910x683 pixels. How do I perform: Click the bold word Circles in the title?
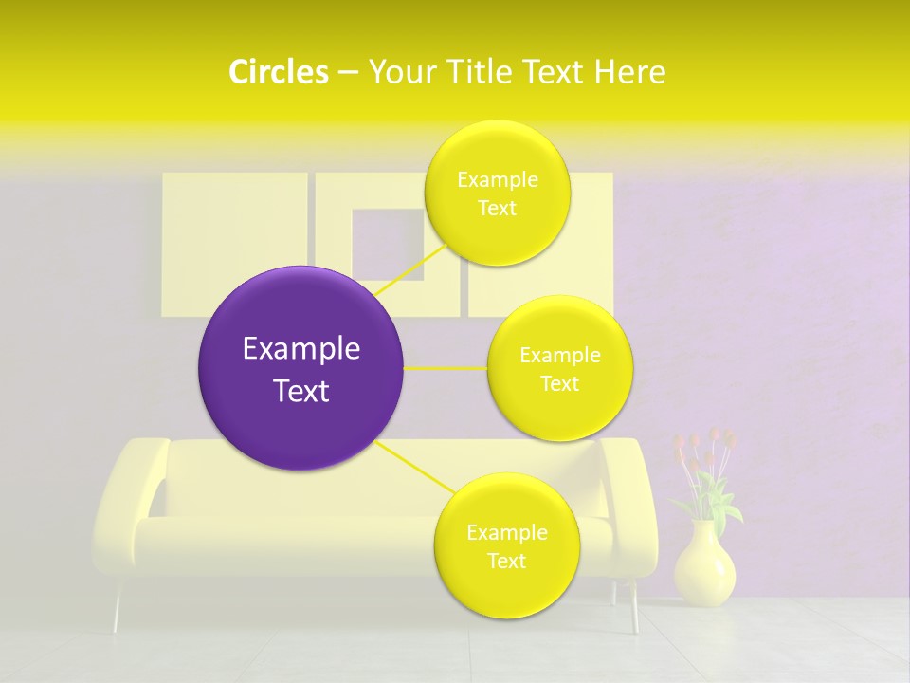tap(278, 72)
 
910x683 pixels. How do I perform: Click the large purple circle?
tap(300, 368)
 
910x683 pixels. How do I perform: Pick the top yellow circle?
tap(497, 193)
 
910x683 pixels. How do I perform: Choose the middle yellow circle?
tap(559, 368)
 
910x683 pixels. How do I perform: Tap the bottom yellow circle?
tap(506, 545)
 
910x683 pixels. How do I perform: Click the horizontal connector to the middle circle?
tap(446, 368)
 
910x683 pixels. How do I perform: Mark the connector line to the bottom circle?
tap(413, 467)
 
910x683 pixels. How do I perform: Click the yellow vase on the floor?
tap(704, 565)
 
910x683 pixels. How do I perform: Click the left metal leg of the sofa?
tap(118, 607)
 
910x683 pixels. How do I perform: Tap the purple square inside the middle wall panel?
tap(388, 244)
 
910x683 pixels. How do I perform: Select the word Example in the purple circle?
tap(300, 349)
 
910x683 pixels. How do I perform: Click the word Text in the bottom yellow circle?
tap(506, 561)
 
